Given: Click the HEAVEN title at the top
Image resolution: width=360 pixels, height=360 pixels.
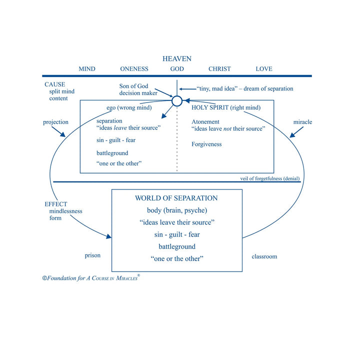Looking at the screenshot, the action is click(x=177, y=59).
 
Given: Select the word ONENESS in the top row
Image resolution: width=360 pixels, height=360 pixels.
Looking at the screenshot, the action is click(x=134, y=69).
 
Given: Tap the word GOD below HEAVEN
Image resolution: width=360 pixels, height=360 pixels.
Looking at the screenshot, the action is click(x=177, y=69).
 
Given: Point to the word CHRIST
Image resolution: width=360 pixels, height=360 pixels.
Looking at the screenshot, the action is click(x=219, y=69).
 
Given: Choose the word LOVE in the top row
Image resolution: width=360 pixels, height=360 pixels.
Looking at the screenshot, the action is click(x=264, y=69).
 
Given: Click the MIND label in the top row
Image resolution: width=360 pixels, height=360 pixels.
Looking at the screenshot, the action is click(x=87, y=69).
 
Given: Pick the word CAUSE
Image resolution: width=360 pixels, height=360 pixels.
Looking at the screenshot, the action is click(x=55, y=84).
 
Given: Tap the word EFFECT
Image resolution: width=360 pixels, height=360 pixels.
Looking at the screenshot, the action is click(x=56, y=204).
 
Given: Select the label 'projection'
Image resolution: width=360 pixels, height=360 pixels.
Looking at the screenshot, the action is click(x=56, y=122).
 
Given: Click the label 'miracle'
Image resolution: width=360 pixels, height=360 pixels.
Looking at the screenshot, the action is click(x=302, y=122).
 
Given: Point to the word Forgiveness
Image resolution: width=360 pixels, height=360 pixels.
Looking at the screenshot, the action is click(x=206, y=144).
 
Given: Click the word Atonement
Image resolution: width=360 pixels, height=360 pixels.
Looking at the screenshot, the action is click(x=205, y=121).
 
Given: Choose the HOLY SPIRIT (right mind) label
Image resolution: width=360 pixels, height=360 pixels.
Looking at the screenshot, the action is click(x=226, y=107).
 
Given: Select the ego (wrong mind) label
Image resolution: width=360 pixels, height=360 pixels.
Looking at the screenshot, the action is click(x=129, y=107).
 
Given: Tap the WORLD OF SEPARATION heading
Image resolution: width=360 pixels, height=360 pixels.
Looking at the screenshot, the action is click(x=176, y=198).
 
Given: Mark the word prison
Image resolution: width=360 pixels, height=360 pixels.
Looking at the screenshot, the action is click(x=92, y=255).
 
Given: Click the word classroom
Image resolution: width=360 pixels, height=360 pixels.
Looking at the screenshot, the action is click(x=264, y=256).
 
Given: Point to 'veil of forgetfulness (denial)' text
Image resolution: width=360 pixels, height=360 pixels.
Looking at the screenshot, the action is click(x=270, y=178).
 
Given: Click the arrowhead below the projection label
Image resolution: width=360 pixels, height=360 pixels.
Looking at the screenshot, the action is click(x=62, y=134).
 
